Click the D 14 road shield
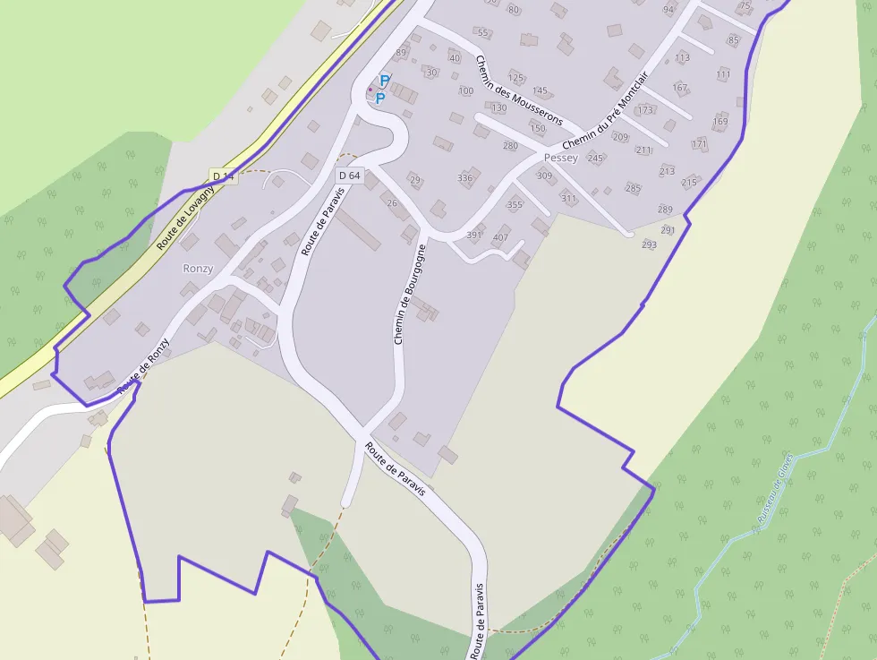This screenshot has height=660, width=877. pyautogui.click(x=223, y=176)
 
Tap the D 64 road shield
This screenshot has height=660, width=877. pyautogui.click(x=349, y=176)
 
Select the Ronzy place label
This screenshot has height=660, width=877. pyautogui.click(x=198, y=268)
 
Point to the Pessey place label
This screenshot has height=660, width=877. pyautogui.click(x=561, y=158)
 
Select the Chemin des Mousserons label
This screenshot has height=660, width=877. pyautogui.click(x=518, y=90)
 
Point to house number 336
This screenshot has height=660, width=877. pyautogui.click(x=464, y=177)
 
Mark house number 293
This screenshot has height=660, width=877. pyautogui.click(x=649, y=244)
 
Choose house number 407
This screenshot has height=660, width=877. pyautogui.click(x=500, y=237)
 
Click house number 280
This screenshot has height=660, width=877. pyautogui.click(x=510, y=145)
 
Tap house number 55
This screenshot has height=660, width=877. pyautogui.click(x=483, y=33)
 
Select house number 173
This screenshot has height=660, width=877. pyautogui.click(x=645, y=110)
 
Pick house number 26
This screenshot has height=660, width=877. pyautogui.click(x=392, y=203)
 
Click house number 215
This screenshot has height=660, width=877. pyautogui.click(x=688, y=183)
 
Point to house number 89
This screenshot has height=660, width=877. pyautogui.click(x=401, y=53)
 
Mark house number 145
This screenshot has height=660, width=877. pyautogui.click(x=540, y=90)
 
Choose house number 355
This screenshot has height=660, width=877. pyautogui.click(x=515, y=205)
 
